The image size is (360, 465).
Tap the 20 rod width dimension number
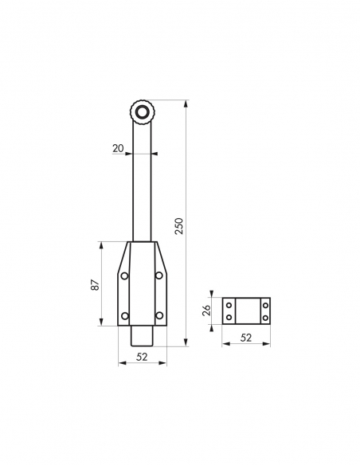[x=119, y=147]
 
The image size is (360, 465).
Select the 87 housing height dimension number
[x=94, y=285]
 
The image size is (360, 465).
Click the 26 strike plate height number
[x=206, y=311]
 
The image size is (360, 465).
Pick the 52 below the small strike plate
[x=245, y=338]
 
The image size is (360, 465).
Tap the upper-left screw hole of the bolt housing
[x=124, y=275]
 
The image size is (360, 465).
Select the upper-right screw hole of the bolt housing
[x=159, y=275]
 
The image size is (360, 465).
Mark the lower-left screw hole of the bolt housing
[x=124, y=316]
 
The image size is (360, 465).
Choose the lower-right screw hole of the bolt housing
[x=159, y=316]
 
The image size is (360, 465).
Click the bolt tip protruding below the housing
[x=142, y=337]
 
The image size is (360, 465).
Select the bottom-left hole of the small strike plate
[x=229, y=317]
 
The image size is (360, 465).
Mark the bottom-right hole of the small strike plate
[x=264, y=317]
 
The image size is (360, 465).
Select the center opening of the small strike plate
[x=246, y=311]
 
